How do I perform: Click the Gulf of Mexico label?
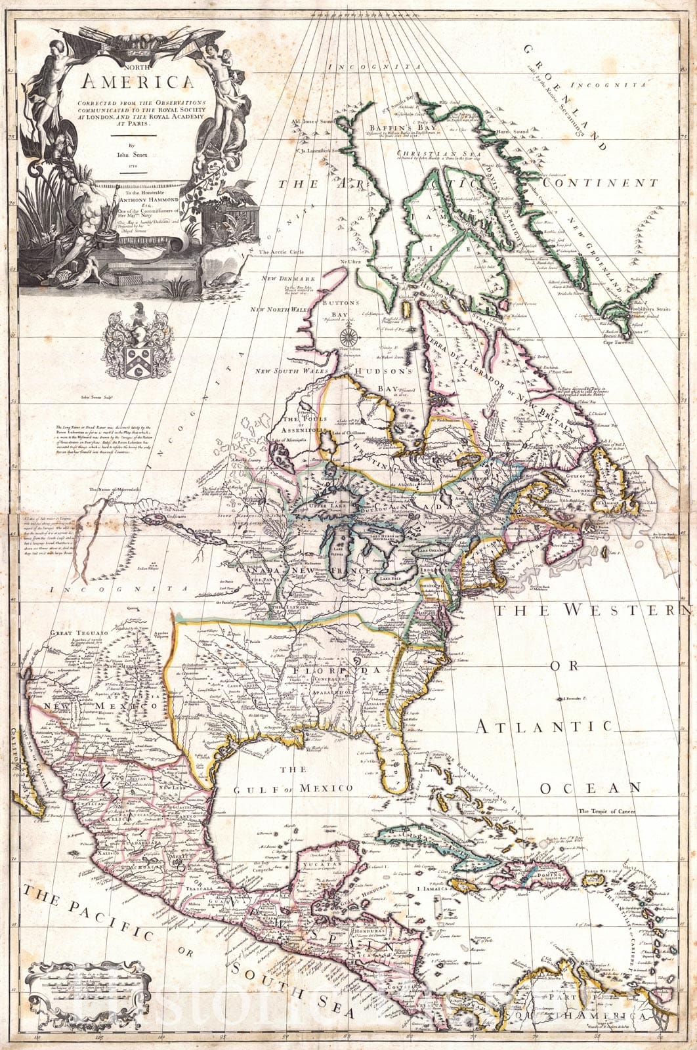pyautogui.click(x=293, y=787)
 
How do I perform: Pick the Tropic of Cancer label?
pyautogui.click(x=607, y=812)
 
